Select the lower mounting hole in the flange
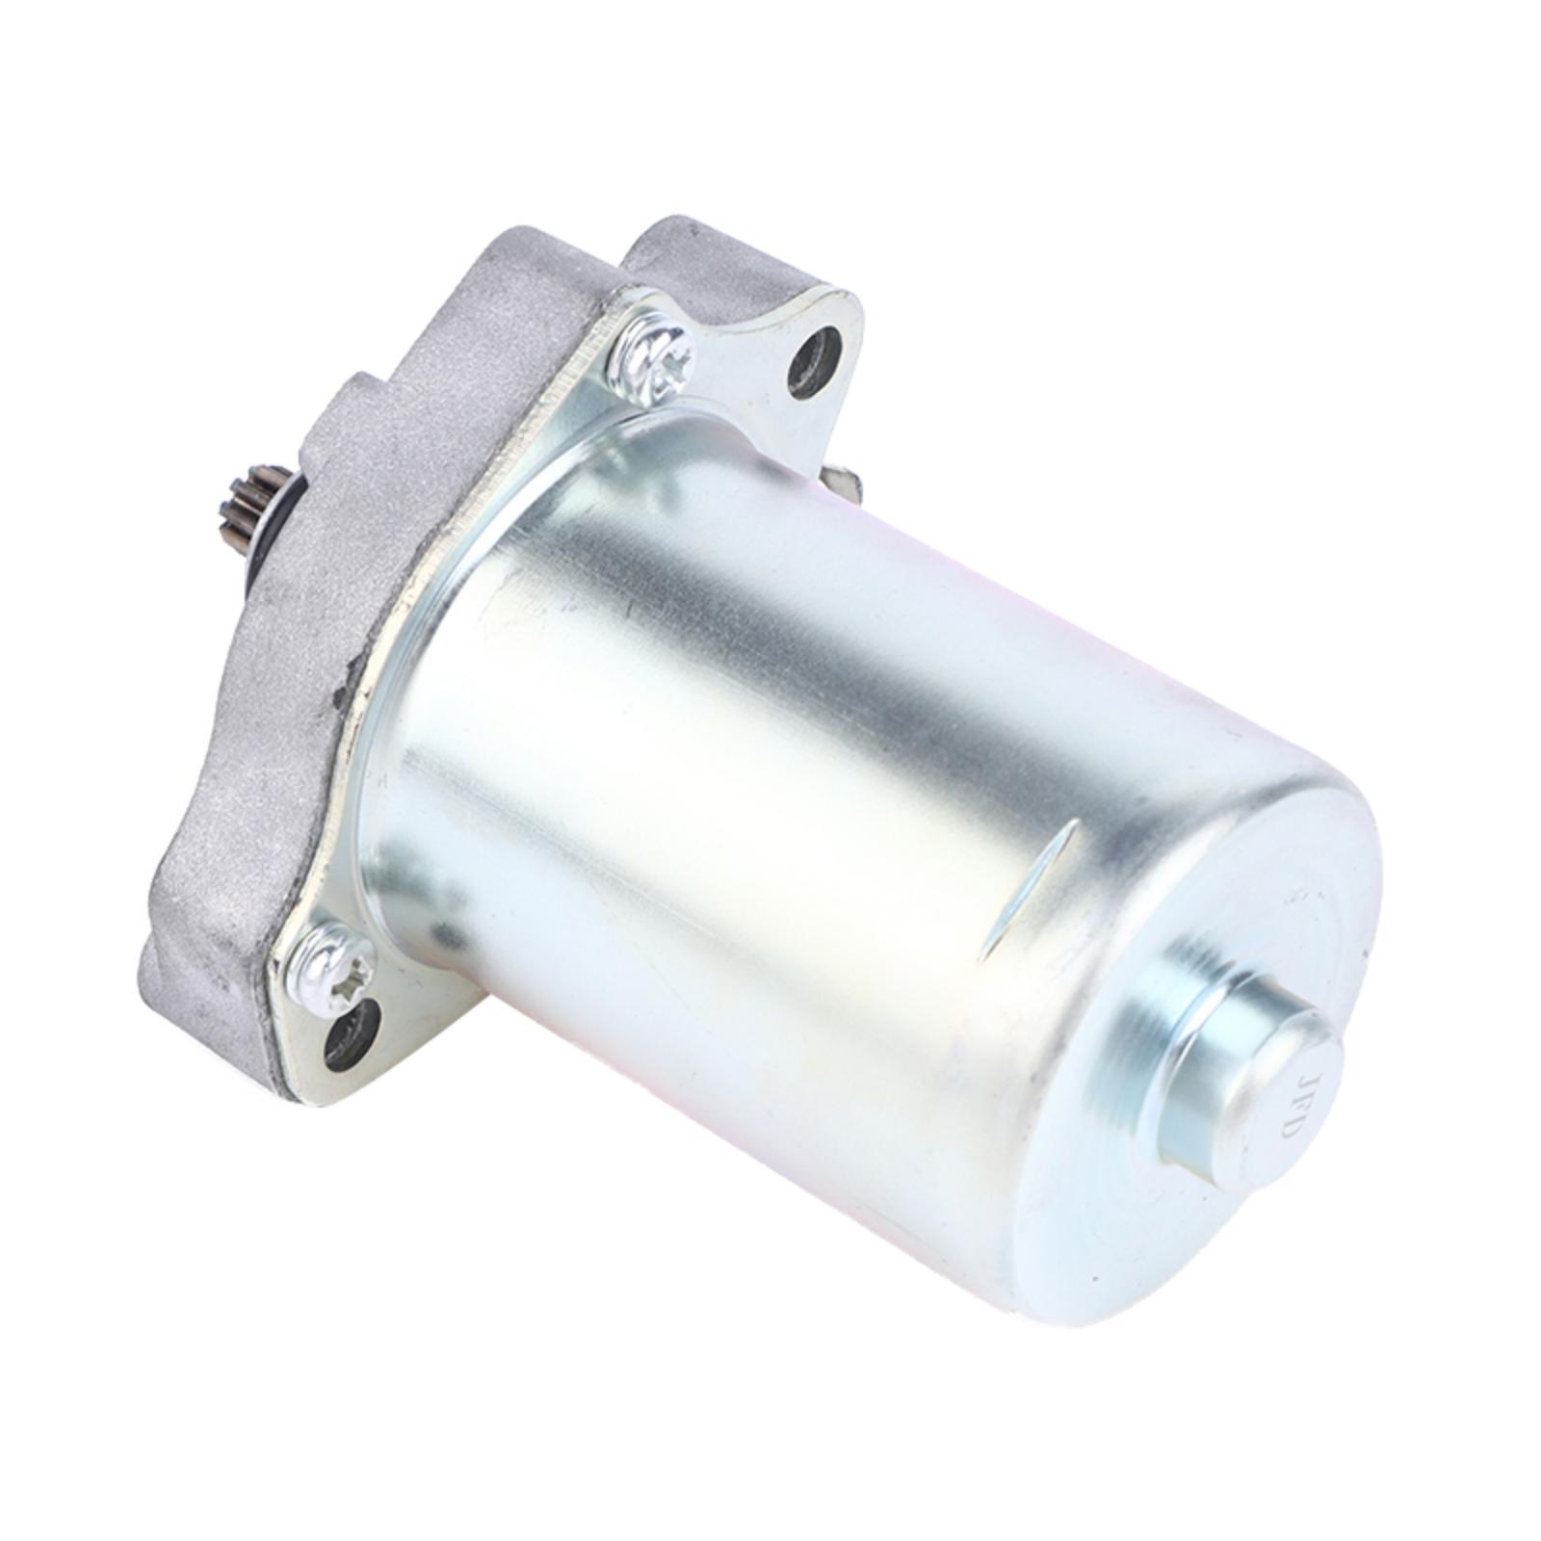pyautogui.click(x=349, y=1034)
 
